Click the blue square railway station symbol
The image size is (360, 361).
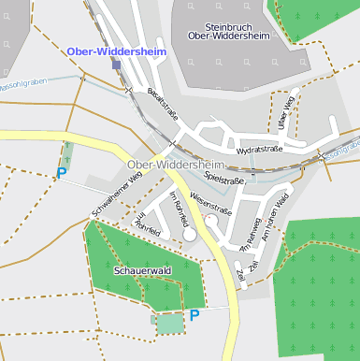click(116, 65)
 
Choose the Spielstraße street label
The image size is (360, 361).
click(223, 175)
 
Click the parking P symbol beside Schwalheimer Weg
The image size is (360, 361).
click(62, 173)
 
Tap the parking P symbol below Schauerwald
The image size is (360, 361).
click(194, 316)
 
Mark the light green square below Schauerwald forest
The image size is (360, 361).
click(169, 324)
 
